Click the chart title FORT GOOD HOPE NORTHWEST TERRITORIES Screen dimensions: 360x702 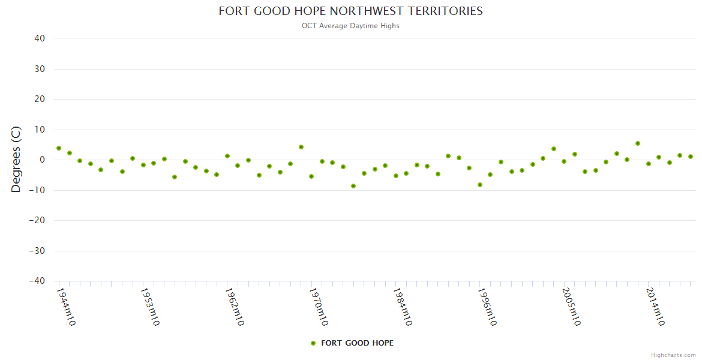point(350,11)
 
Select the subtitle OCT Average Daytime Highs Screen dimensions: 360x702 point(350,26)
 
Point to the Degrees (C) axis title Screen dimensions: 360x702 point(16,159)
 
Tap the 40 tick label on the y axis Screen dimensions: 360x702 point(40,38)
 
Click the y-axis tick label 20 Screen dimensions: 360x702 point(40,99)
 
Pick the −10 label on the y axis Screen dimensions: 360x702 point(37,190)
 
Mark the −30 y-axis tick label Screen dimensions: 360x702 point(37,251)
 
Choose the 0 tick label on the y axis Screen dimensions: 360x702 point(43,160)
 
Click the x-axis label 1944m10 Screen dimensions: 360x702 point(65,306)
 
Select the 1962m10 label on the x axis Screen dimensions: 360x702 point(234,306)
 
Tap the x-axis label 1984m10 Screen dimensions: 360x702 point(402,306)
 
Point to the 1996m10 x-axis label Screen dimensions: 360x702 point(486,306)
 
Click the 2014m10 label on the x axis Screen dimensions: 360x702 point(655,306)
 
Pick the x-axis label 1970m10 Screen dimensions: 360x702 point(318,306)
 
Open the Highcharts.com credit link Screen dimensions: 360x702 point(673,355)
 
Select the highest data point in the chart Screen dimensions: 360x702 point(638,143)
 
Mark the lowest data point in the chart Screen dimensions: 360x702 point(353,186)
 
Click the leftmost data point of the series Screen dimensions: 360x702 point(59,148)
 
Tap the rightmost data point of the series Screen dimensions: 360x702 point(691,157)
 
